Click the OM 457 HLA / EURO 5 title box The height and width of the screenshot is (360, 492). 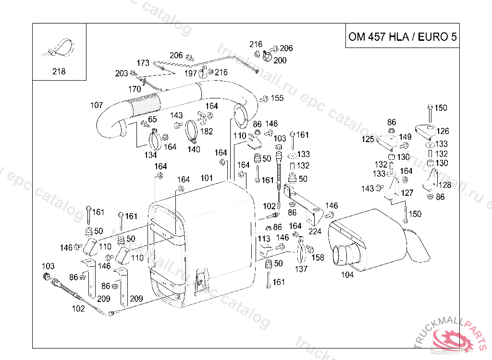(402, 37)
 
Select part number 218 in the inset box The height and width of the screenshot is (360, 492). (59, 72)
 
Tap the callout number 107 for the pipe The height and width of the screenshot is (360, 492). (97, 105)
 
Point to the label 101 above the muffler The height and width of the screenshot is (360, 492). (207, 178)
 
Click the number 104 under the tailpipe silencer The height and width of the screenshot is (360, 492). (347, 275)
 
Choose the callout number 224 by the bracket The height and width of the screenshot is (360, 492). (315, 231)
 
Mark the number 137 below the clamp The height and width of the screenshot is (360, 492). (301, 269)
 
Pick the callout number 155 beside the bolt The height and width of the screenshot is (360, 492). (277, 98)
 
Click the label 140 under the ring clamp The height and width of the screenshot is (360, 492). (194, 149)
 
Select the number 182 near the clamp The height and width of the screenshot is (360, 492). (207, 131)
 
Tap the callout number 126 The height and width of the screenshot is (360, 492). (443, 131)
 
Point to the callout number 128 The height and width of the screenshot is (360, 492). (445, 185)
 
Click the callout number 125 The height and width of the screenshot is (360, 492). (368, 139)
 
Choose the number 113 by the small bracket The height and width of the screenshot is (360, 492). (264, 239)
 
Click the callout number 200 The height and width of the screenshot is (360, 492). (280, 60)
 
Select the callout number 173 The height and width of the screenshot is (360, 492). (143, 63)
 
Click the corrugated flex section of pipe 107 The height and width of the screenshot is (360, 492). (145, 105)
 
